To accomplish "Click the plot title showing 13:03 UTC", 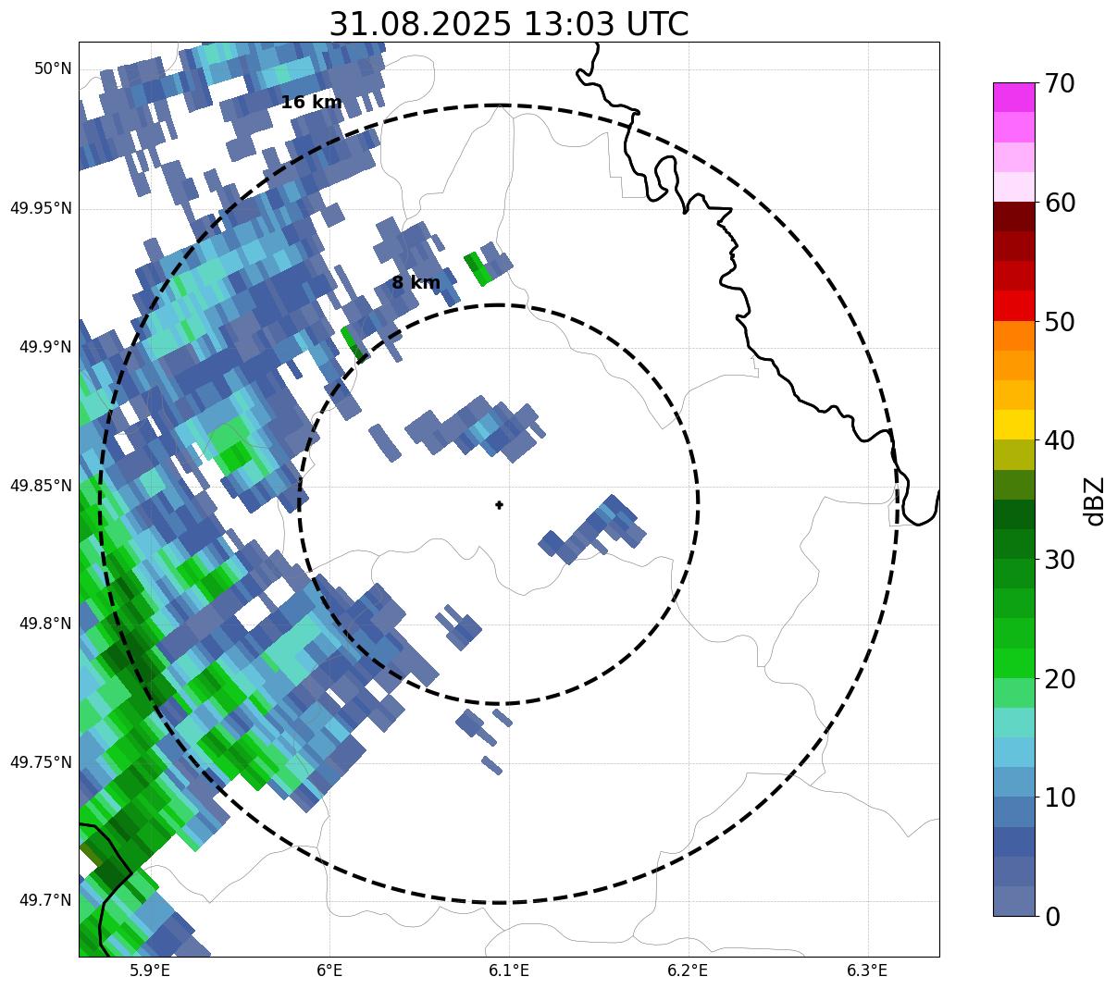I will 508,24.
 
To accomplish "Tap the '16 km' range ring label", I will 311,103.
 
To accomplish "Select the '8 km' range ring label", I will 416,283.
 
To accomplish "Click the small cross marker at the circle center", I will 500,505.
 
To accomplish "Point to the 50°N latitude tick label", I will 53,69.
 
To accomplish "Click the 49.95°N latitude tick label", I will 41,208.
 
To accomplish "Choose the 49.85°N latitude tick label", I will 41,486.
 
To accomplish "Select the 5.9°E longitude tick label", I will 150,970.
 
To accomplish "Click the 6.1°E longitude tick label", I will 509,970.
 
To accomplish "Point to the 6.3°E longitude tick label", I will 867,970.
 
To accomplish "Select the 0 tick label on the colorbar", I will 1053,917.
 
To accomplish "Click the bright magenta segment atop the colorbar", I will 1013,97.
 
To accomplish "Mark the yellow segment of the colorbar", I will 1013,425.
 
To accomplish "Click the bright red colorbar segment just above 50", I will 1013,305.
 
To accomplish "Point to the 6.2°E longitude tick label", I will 688,970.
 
